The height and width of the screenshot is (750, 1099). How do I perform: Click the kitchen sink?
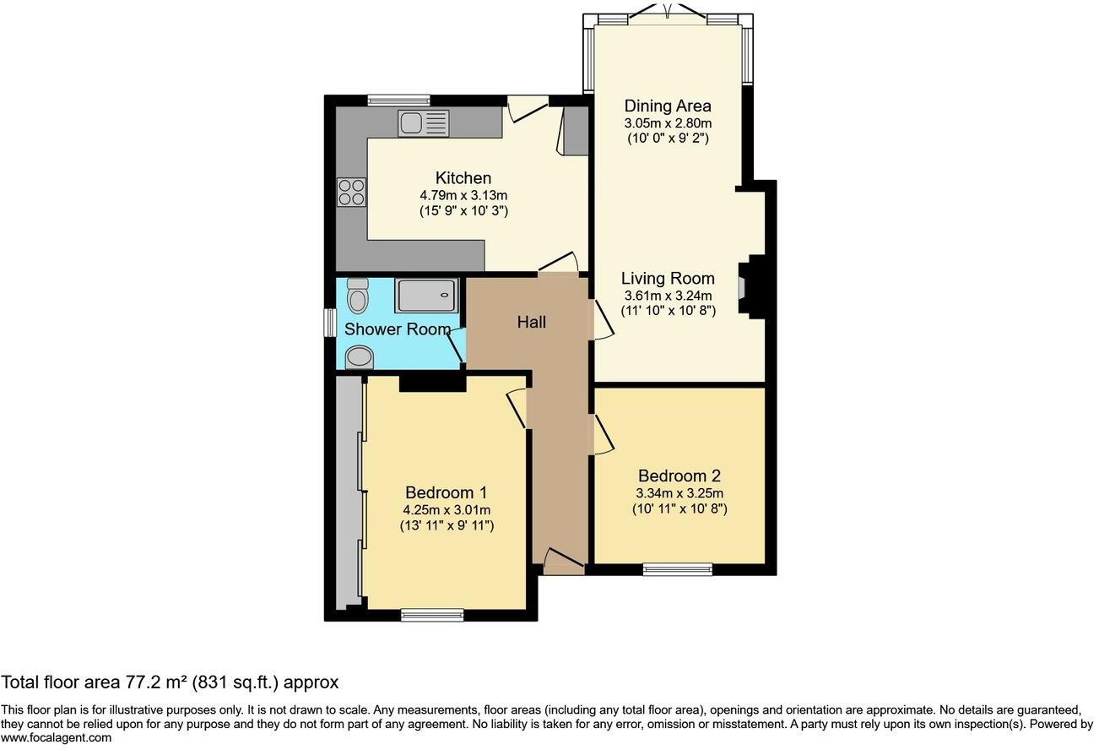[423, 123]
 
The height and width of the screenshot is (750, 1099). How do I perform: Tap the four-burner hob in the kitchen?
[352, 193]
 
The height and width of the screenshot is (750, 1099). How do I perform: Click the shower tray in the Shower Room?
[426, 296]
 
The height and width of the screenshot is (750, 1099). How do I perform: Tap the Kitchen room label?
[463, 178]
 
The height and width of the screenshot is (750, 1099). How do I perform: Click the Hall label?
[532, 323]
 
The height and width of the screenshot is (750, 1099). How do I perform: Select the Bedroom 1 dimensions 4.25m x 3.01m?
[447, 509]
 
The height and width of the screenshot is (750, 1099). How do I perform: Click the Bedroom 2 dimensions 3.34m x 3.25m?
[679, 493]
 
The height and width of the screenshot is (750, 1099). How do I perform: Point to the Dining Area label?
[667, 106]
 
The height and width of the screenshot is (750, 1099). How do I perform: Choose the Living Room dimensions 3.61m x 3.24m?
[668, 295]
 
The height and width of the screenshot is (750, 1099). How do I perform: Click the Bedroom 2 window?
[677, 570]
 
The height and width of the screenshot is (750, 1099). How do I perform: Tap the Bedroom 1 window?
[432, 615]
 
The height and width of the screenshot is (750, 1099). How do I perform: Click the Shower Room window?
[330, 323]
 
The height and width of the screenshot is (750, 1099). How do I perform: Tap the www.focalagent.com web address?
[56, 738]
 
